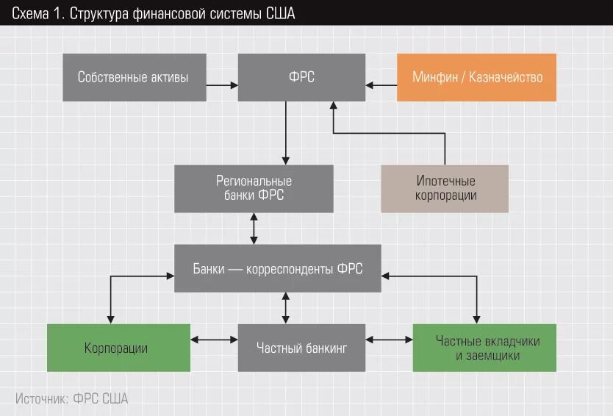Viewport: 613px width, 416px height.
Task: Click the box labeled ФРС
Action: click(302, 77)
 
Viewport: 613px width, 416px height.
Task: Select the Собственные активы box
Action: click(133, 77)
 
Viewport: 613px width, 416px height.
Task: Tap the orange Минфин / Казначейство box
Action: click(476, 77)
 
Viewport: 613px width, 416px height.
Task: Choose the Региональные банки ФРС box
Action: click(254, 188)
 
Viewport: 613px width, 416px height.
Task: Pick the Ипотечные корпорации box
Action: click(445, 188)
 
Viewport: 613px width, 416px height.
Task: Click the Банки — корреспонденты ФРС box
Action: click(278, 270)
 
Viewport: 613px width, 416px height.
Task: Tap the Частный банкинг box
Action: click(301, 348)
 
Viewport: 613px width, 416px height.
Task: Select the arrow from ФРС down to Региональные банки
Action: click(286, 132)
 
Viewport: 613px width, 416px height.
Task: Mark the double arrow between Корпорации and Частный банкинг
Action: click(213, 340)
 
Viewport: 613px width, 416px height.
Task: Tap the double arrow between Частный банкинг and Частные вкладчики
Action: click(390, 340)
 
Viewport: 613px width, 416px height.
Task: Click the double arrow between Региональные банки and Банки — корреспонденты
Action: click(254, 229)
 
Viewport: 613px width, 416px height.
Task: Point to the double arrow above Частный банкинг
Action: click(286, 307)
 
